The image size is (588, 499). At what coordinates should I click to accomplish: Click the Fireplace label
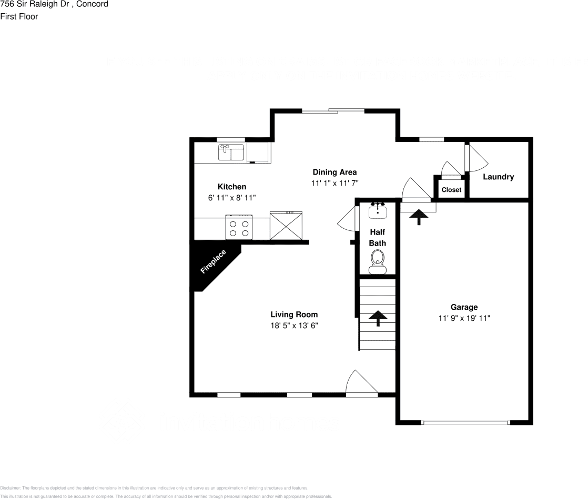[213, 262]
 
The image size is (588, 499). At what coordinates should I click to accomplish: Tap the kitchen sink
[231, 152]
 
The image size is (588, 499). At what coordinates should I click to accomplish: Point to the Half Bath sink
[378, 211]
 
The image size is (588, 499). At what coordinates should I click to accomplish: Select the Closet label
[451, 190]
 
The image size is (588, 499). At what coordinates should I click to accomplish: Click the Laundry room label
[498, 177]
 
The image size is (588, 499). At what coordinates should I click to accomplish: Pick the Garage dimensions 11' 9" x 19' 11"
[464, 318]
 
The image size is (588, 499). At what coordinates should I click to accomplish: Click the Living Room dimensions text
[294, 325]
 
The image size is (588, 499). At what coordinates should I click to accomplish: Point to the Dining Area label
[334, 172]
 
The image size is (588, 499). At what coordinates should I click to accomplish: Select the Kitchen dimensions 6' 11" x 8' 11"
[232, 198]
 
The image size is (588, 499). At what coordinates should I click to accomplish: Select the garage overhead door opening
[465, 422]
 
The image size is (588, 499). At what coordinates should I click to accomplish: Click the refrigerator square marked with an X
[286, 226]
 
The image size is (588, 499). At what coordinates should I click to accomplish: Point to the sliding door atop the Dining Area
[333, 110]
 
